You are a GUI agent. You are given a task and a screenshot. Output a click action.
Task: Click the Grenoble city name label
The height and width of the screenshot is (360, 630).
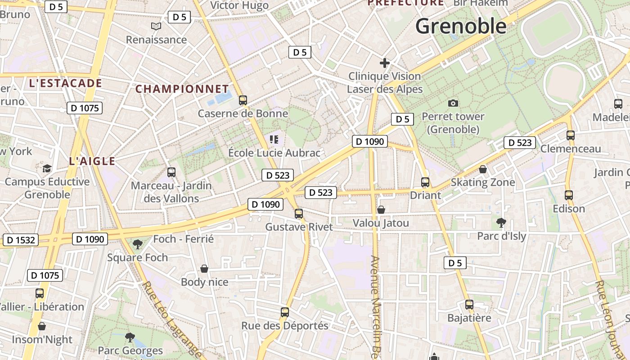[x=461, y=26]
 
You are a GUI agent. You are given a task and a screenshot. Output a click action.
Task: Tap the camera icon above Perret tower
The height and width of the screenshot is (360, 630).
[x=453, y=103]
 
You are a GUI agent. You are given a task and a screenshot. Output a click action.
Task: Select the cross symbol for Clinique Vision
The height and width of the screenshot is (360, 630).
[x=385, y=63]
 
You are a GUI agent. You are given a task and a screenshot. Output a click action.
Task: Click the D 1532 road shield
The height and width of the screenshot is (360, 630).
[x=21, y=240]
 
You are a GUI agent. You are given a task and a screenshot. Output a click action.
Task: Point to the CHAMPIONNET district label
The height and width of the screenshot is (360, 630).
[x=182, y=89]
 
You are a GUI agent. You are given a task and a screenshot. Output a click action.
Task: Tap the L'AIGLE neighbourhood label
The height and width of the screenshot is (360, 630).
[x=92, y=161]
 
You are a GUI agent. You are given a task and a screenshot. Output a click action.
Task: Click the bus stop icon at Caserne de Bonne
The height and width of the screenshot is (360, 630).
[x=243, y=100]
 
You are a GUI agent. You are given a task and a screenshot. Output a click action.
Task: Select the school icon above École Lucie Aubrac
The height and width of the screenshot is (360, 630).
[x=274, y=139]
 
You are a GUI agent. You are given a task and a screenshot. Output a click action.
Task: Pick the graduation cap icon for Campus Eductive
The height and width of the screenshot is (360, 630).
[x=47, y=169]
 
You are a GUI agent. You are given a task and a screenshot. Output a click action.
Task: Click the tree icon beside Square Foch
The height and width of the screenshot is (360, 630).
[x=137, y=244]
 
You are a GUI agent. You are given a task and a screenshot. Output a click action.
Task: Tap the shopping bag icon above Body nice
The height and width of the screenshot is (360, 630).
[x=204, y=269]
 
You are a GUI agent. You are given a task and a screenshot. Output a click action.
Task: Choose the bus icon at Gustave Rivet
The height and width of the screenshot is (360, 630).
[x=299, y=214]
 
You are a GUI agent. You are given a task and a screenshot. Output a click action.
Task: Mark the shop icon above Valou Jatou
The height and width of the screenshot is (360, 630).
[x=381, y=210]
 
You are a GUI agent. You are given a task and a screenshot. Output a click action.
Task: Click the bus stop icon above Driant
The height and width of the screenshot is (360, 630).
[x=425, y=182]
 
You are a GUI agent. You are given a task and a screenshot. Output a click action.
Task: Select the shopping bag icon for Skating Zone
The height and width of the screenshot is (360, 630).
[x=483, y=169]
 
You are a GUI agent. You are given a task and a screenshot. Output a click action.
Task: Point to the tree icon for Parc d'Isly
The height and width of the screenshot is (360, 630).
[x=501, y=222]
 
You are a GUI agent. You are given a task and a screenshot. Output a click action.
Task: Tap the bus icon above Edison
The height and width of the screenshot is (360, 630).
[x=569, y=195]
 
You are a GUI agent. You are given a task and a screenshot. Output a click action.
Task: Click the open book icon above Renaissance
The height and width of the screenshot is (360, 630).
[x=156, y=27]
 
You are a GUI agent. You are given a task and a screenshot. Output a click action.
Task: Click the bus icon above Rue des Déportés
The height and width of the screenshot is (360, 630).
[x=285, y=312]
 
